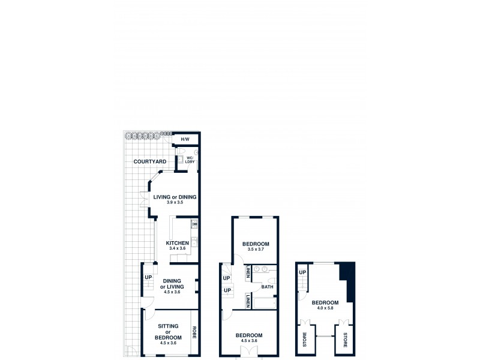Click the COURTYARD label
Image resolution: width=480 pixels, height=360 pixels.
point(150,161)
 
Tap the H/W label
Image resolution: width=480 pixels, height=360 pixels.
point(185,140)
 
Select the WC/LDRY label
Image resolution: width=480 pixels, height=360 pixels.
point(190,161)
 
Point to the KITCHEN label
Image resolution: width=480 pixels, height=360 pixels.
point(178,243)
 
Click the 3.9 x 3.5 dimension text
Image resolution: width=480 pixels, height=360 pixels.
point(175,203)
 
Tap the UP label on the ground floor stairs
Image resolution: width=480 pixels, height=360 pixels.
point(148,277)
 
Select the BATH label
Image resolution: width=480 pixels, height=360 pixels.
point(267,287)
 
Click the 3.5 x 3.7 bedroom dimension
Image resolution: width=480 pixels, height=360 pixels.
point(255,250)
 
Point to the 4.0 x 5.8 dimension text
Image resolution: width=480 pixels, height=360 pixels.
point(325,308)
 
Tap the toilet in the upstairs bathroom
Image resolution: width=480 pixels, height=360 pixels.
point(271,281)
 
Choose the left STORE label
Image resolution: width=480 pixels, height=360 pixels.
point(304,340)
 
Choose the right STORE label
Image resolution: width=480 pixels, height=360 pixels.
point(346,340)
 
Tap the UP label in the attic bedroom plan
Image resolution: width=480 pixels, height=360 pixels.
point(303,272)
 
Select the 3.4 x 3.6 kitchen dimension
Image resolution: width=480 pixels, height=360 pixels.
point(178,248)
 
